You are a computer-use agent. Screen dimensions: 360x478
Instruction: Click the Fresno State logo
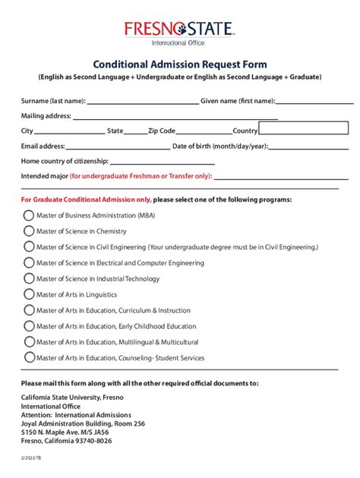tap(180, 31)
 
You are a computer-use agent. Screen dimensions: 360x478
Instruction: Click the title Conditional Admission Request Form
tap(180, 64)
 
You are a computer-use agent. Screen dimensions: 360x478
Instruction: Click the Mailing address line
tap(175, 116)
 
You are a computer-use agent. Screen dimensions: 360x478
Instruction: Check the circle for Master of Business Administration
tap(29, 215)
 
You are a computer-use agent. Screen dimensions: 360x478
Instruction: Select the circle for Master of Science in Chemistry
tap(29, 231)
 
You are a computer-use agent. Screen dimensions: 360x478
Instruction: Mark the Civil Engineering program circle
tap(29, 247)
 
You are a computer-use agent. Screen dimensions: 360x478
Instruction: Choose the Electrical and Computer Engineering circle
tap(29, 263)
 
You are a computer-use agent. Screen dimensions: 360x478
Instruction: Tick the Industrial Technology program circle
tap(29, 278)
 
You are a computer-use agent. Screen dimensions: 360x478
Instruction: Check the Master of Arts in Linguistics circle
tap(29, 294)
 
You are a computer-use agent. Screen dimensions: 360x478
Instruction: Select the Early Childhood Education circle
tap(29, 325)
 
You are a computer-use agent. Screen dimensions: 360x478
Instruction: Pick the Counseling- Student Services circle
tap(29, 357)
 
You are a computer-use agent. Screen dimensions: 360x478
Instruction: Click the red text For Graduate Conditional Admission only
tap(86, 200)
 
